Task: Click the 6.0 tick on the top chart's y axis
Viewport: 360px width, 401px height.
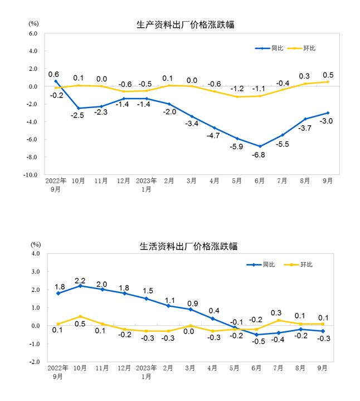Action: point(33,33)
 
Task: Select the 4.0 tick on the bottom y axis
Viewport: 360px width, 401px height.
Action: point(36,253)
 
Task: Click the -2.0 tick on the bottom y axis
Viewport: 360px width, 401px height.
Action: point(35,361)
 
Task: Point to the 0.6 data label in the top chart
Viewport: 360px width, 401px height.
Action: point(54,74)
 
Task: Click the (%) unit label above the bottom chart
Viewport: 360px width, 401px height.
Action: point(36,244)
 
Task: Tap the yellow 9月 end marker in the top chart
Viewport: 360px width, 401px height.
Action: point(328,82)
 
